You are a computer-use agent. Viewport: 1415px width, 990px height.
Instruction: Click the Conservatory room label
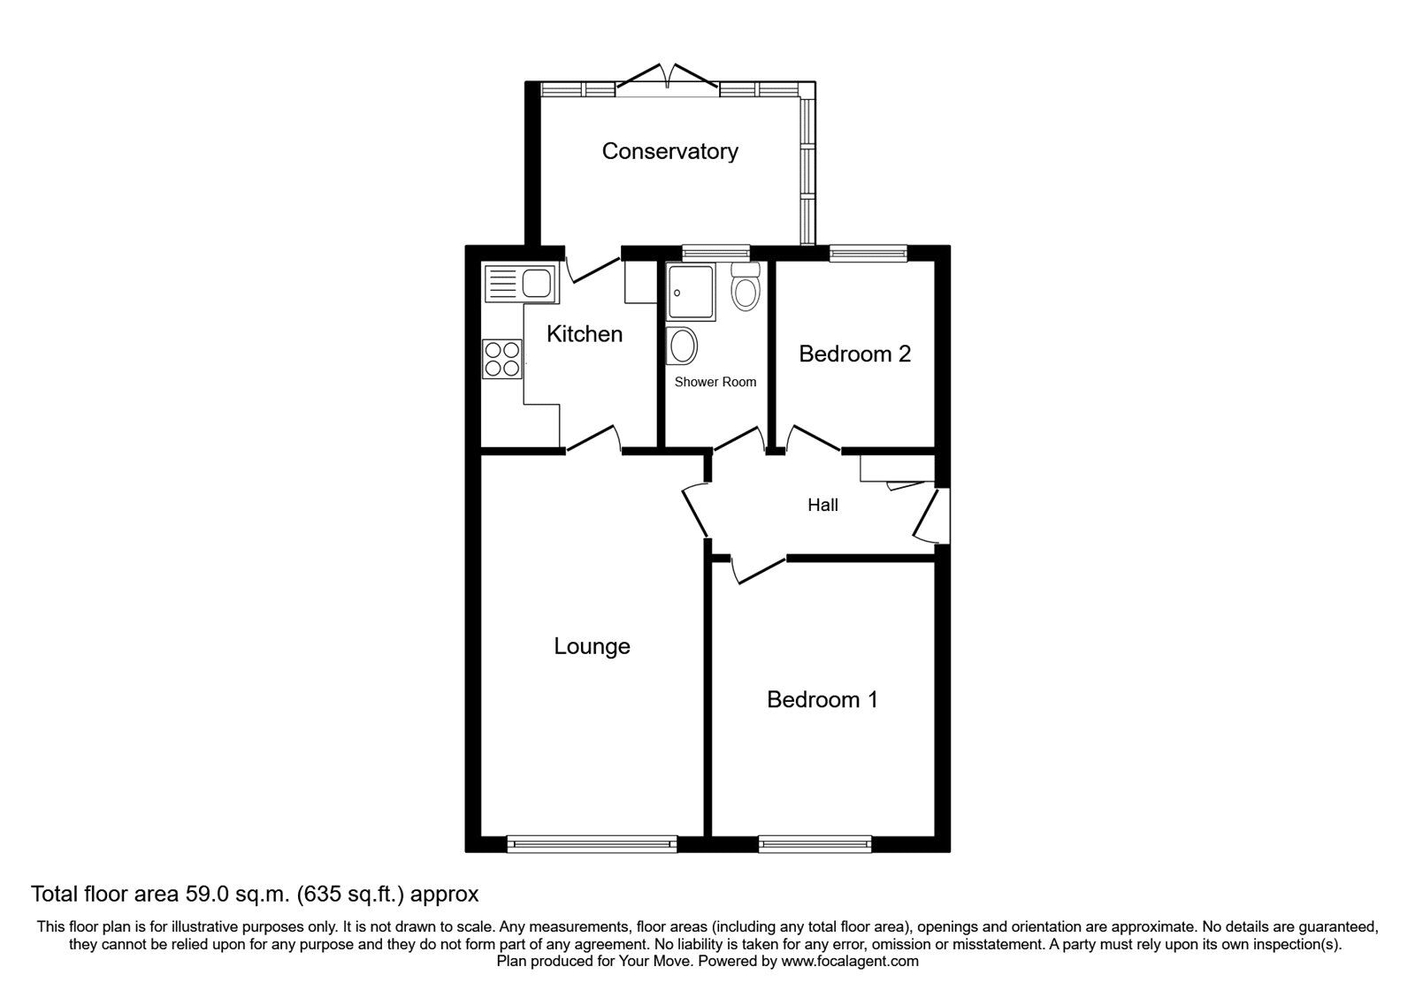coord(669,151)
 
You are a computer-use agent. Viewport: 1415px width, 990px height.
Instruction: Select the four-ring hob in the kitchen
coord(501,359)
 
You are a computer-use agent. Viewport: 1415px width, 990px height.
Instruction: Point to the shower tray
coord(694,293)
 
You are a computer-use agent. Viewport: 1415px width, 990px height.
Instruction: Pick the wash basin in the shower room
coord(682,346)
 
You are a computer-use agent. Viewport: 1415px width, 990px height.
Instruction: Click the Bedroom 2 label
coord(854,354)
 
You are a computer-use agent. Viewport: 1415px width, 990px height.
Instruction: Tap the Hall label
coord(822,506)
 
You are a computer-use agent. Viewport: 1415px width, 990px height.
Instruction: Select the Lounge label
coord(592,647)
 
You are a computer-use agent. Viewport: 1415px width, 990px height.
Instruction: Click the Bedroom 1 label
coord(822,700)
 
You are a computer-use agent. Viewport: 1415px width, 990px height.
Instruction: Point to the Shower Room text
coord(715,383)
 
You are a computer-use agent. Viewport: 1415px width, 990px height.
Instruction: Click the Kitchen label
coord(584,334)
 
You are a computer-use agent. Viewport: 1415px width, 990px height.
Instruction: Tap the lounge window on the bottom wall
coord(592,844)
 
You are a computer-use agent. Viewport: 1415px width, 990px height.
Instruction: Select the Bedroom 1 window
coord(815,844)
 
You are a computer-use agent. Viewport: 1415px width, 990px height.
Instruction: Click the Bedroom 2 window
coord(868,254)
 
